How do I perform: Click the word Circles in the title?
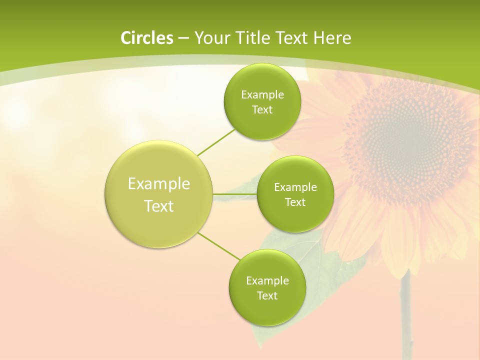coord(146,38)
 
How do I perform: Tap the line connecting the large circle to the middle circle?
coord(235,193)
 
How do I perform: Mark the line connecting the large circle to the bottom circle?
coord(219,246)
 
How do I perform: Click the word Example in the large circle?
coord(159,183)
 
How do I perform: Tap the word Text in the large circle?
coord(159,206)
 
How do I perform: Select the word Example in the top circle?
coord(262,94)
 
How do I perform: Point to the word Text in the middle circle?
coord(295,202)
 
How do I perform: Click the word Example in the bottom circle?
coord(267,280)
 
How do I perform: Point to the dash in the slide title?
coord(183,38)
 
